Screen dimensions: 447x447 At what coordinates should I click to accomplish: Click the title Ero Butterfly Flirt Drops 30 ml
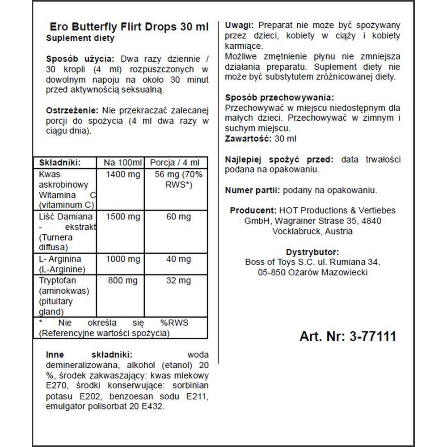[127, 27]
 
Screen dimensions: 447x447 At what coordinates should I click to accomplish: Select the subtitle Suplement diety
[80, 38]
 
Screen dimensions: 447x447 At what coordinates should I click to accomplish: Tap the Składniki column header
[59, 162]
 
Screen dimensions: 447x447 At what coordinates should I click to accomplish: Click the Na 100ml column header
[122, 162]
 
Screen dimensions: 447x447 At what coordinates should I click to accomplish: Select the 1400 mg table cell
[122, 174]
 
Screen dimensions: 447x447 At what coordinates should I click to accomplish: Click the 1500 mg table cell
[122, 217]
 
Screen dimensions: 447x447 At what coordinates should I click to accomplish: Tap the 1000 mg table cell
[122, 259]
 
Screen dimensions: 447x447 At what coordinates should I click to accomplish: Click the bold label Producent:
[253, 210]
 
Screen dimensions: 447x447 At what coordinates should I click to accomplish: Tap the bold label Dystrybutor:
[312, 252]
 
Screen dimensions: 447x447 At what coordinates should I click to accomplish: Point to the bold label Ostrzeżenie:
[73, 111]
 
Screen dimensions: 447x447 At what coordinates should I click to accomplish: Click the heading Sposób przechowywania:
[279, 97]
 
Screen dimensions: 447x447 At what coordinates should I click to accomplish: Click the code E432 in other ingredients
[153, 407]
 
